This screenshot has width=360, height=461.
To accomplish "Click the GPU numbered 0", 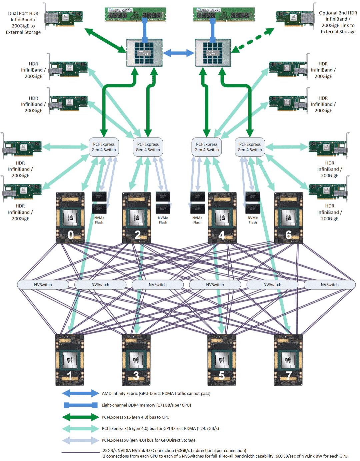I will coord(70,218).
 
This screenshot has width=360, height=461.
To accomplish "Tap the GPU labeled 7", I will coord(288,360).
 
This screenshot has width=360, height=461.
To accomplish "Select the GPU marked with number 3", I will coord(136,360).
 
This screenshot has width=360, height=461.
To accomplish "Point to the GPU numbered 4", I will coord(222,218).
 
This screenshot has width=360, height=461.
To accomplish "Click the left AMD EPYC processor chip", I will coord(144,53).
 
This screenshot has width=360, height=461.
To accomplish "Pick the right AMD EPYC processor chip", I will coord(213,53).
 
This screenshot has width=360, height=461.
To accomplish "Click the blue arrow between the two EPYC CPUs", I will coord(179,53).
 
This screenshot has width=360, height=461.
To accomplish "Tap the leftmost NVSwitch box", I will coord(43,284).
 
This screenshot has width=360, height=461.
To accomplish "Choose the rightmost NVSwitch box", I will coord(329,284).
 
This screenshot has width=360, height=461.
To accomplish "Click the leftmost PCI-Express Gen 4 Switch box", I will coord(104,147).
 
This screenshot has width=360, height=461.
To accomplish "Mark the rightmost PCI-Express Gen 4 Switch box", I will coord(250,147).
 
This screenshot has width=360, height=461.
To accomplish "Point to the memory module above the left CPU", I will coord(135,15).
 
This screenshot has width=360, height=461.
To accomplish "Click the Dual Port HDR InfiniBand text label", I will coord(23,23).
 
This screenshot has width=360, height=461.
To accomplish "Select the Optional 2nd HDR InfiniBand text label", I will coord(338,22).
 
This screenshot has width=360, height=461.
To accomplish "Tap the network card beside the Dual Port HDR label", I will coord(64,18).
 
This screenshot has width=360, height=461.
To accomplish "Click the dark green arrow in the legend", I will coord(80,417).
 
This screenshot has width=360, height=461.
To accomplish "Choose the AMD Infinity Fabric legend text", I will coord(156,393).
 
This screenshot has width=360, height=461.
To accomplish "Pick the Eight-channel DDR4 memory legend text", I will coord(146,405).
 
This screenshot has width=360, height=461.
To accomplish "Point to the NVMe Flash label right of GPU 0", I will coord(99,220).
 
